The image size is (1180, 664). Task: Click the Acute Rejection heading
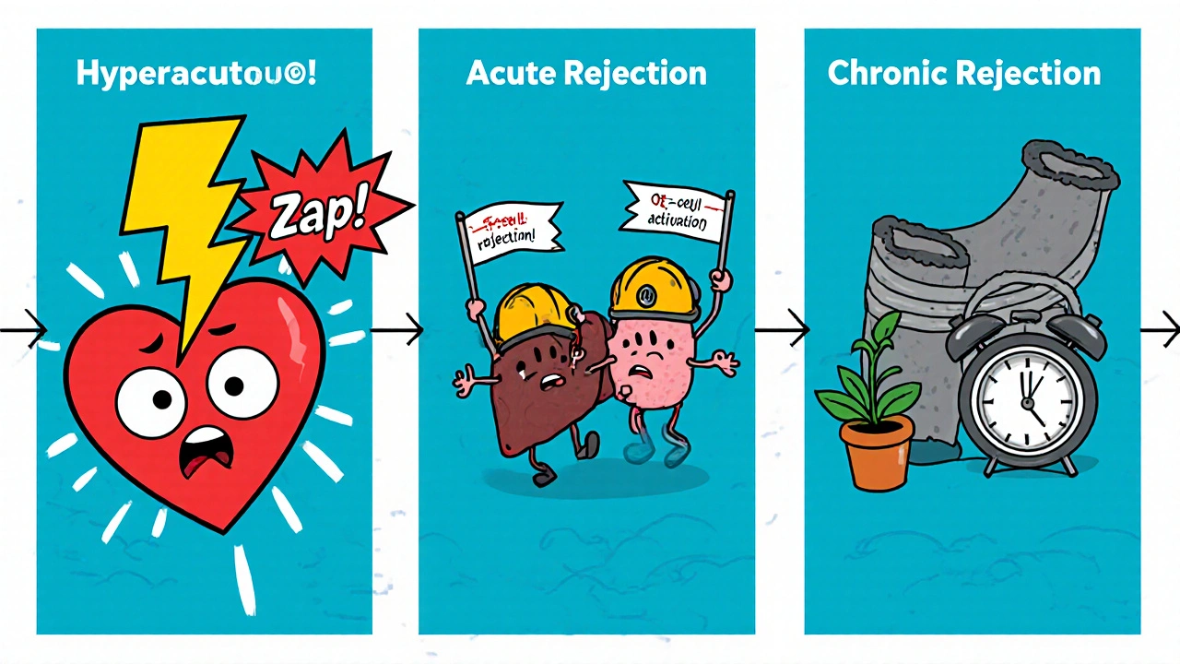[586, 73]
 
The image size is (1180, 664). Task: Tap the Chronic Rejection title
[964, 73]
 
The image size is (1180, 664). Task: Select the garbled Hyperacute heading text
[196, 74]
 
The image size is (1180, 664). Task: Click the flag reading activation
[676, 210]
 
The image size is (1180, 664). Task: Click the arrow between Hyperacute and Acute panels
[396, 328]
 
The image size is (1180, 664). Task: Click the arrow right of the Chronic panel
[1160, 328]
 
